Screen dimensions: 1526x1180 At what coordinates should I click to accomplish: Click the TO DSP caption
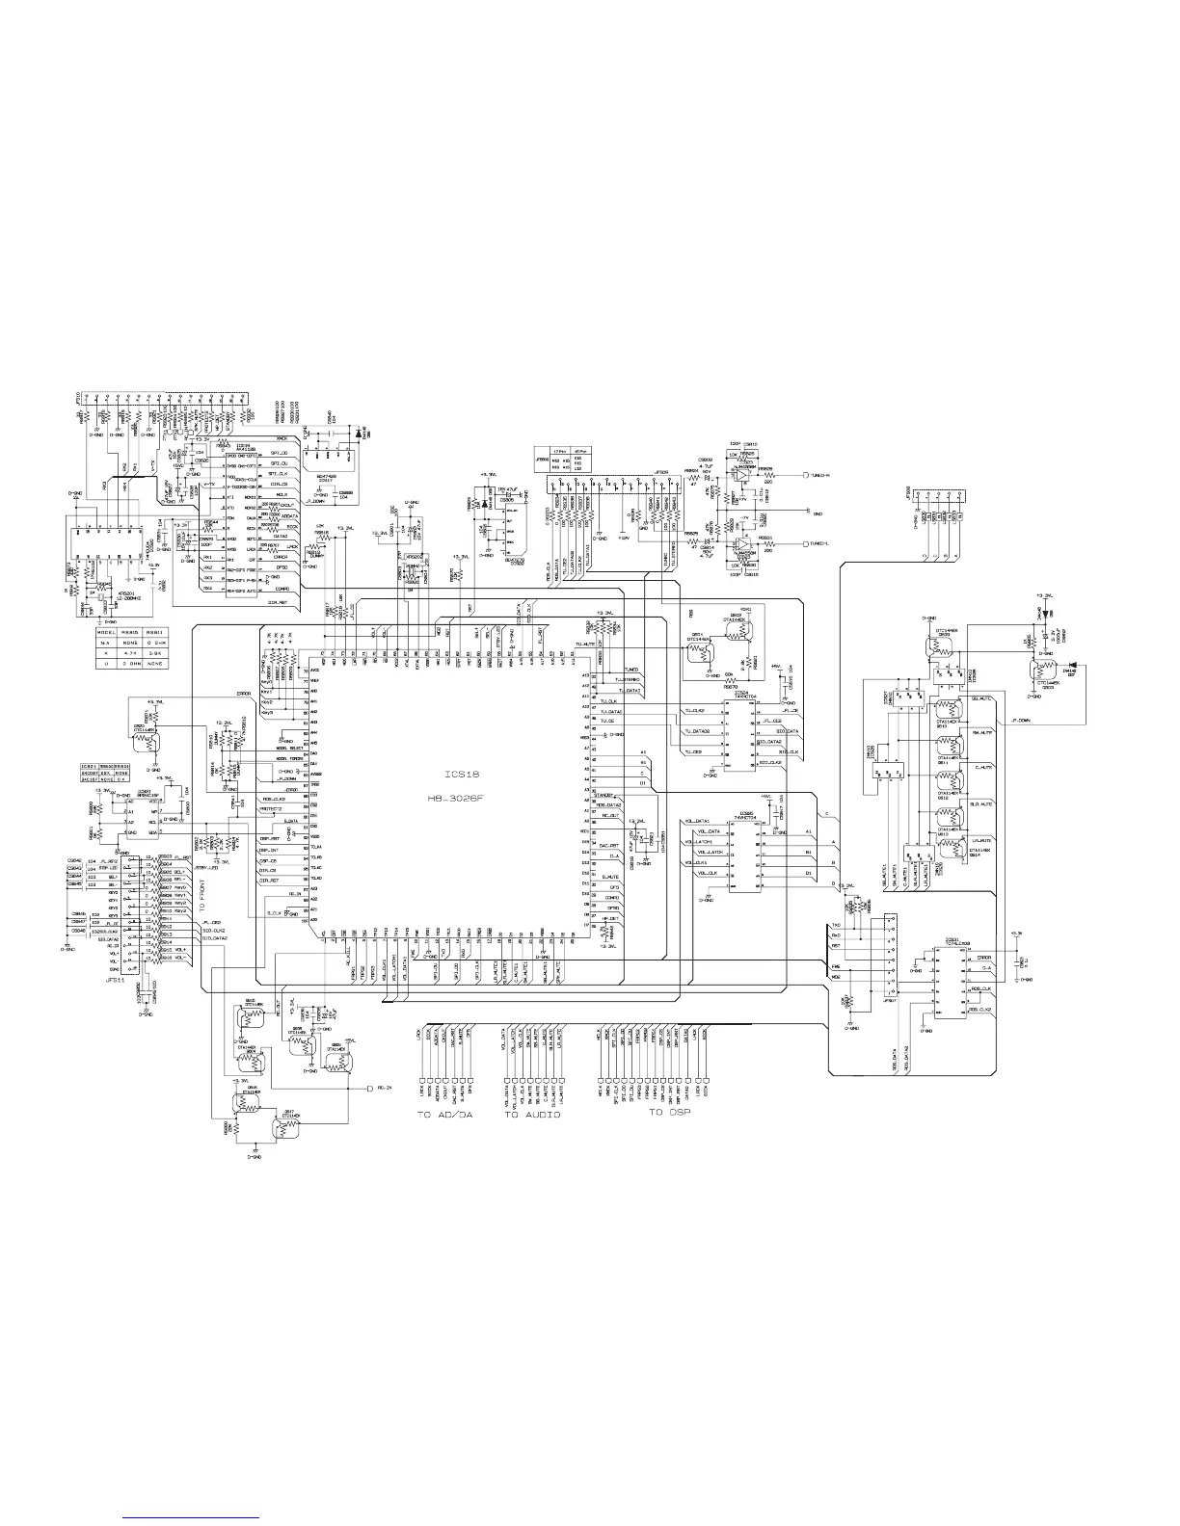point(668,1113)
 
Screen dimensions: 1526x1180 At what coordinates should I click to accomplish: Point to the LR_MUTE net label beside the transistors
point(979,841)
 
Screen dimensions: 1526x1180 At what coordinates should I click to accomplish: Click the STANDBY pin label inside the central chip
point(606,795)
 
